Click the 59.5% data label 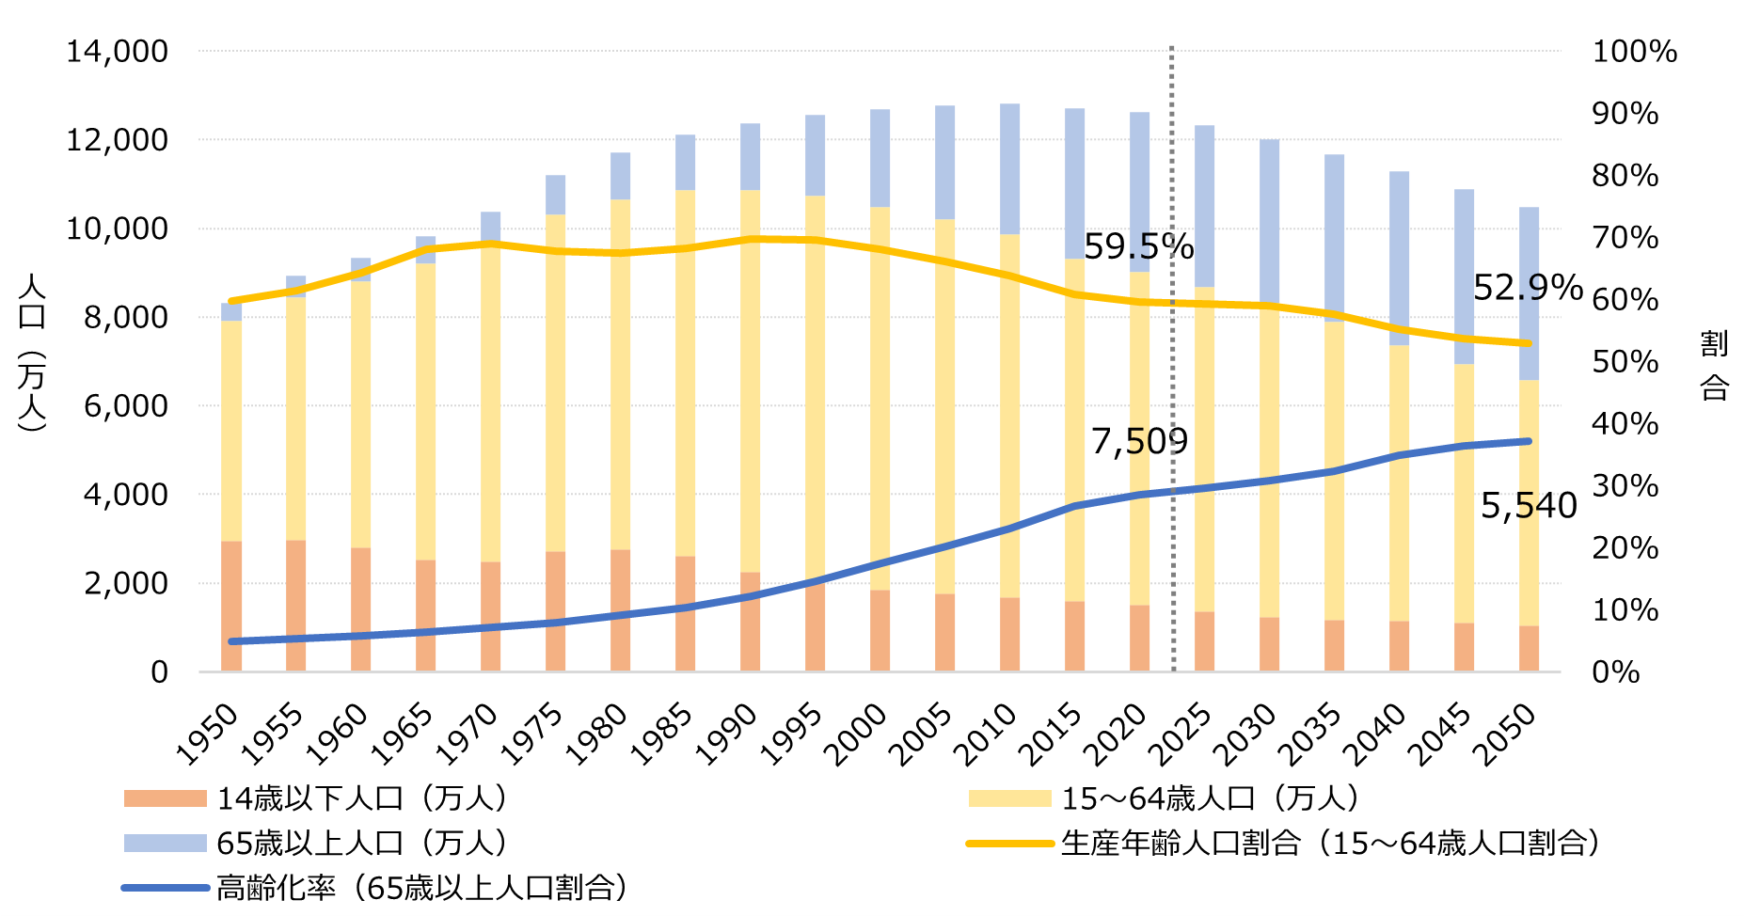(1138, 246)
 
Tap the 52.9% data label (1528, 288)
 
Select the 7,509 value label (1139, 441)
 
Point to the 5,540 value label (1529, 506)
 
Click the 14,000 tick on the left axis (117, 52)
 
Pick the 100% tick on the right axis (1634, 52)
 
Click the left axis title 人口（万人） (31, 353)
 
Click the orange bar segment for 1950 (231, 606)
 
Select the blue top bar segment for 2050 (1529, 293)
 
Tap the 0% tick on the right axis (1615, 672)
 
